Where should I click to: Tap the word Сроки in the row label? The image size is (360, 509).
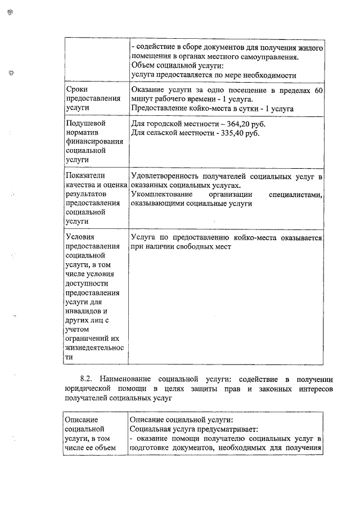click(77, 89)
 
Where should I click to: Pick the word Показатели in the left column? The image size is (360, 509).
click(85, 176)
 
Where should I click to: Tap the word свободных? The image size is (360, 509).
click(195, 246)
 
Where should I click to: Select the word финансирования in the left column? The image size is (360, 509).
click(92, 142)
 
